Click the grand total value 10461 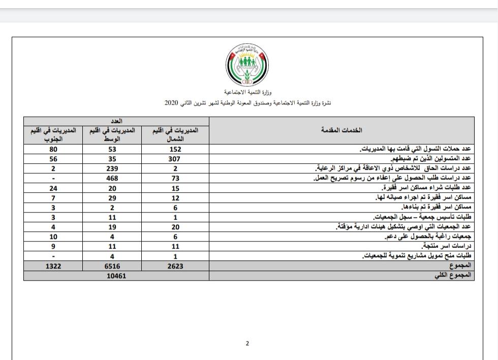tap(116, 276)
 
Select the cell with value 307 tap(175, 159)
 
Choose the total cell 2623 tap(175, 266)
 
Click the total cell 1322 tap(53, 266)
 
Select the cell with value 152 tap(175, 149)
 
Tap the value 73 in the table tap(175, 178)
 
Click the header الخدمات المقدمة tap(341, 131)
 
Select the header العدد tap(116, 122)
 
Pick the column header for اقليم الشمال tap(175, 134)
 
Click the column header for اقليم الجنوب tap(53, 134)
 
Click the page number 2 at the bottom tap(247, 343)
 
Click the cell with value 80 tap(53, 149)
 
